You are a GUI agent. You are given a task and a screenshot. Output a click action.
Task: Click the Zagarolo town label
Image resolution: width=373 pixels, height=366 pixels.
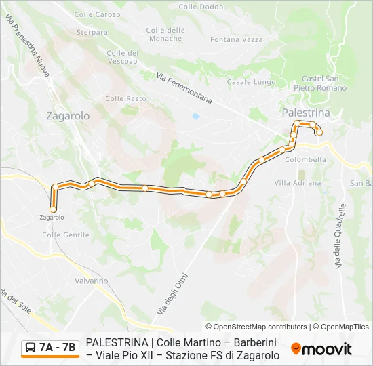68,116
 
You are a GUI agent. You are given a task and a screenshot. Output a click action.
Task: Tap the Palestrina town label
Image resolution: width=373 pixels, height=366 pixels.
306,113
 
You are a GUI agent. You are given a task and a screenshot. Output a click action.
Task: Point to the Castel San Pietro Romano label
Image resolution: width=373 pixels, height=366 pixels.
320,83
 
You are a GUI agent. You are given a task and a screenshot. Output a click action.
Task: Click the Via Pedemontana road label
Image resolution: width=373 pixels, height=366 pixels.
184,88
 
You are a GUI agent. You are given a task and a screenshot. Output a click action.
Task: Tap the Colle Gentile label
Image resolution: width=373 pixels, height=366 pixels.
66,235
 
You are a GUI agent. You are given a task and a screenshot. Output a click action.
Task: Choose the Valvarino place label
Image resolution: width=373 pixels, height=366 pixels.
92,281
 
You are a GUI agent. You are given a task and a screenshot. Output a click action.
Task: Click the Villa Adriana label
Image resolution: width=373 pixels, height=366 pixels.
298,183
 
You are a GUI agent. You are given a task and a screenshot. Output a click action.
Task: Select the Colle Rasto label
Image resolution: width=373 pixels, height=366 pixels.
125,98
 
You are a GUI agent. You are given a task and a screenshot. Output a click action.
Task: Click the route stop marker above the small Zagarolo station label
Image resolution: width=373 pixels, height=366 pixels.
53,209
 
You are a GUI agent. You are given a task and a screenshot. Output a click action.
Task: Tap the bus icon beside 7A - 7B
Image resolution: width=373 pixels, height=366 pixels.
31,348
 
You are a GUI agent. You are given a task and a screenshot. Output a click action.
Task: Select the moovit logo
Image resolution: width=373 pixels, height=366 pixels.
321,349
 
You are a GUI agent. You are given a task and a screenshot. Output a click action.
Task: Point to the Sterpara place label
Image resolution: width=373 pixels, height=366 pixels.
92,32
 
